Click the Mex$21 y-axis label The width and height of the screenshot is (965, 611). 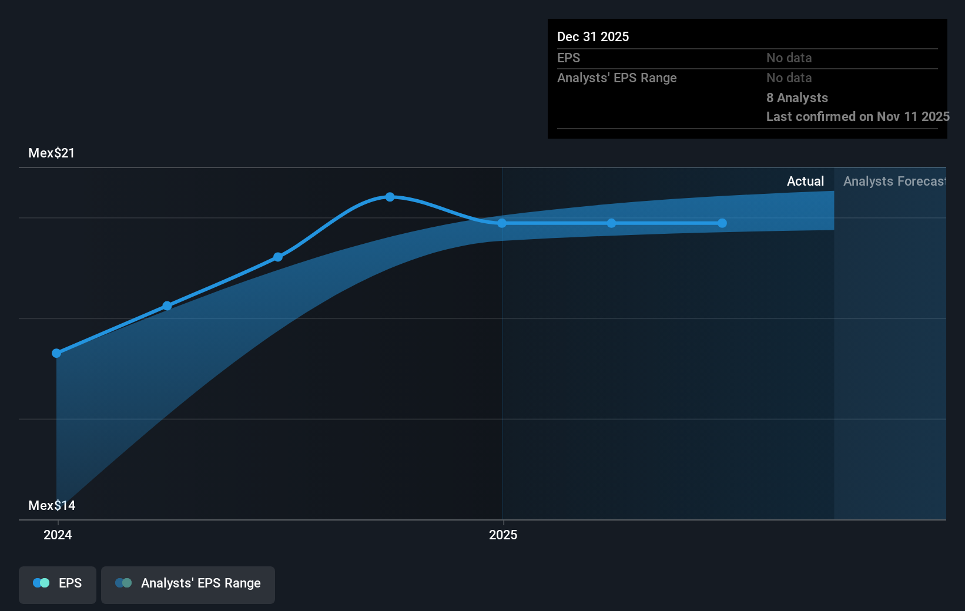click(x=52, y=153)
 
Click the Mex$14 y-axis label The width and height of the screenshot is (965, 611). click(x=52, y=506)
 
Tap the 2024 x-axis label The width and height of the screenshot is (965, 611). click(x=58, y=535)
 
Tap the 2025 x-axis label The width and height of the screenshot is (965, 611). click(x=503, y=535)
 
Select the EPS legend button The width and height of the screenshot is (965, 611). click(x=58, y=584)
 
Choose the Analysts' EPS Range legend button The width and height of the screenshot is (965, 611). click(x=188, y=584)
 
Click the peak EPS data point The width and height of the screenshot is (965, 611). click(x=390, y=197)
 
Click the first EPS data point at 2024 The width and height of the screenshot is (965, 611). click(x=56, y=353)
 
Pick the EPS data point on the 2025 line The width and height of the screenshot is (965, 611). click(x=502, y=223)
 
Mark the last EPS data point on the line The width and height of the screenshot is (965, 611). click(x=722, y=223)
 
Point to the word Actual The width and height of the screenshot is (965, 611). click(x=805, y=182)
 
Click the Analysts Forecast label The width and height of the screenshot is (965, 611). click(x=894, y=182)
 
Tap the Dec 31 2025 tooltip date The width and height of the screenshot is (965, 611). click(x=593, y=37)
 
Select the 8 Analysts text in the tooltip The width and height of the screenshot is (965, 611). click(x=797, y=98)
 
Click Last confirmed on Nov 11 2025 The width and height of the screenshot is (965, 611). click(x=857, y=117)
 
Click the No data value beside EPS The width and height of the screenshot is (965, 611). click(x=789, y=58)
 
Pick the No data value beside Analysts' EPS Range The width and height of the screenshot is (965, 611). click(x=789, y=78)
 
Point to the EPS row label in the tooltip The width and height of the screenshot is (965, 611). click(x=568, y=58)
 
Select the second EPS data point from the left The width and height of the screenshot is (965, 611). click(x=167, y=306)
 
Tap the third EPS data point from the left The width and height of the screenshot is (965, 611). click(x=278, y=257)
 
